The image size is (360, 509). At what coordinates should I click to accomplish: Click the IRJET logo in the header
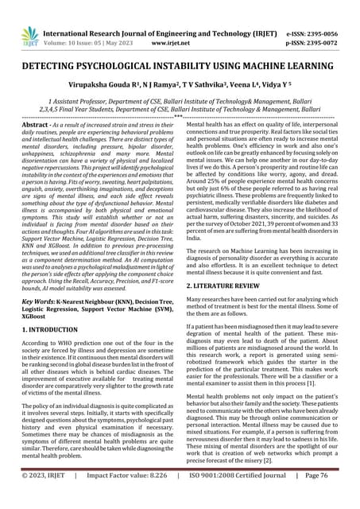pos(29,34)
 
